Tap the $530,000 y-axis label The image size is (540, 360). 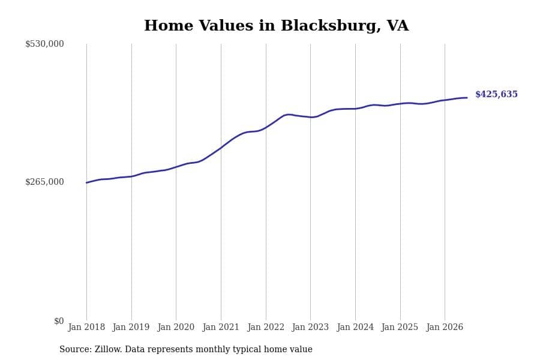point(44,44)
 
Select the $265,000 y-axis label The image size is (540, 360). point(44,182)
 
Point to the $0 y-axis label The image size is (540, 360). point(59,321)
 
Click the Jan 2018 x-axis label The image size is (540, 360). point(86,327)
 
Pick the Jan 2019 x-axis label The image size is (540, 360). point(131,327)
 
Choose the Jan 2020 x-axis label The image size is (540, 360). point(176,327)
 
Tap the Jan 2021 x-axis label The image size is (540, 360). point(221,327)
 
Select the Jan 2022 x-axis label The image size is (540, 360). point(266,327)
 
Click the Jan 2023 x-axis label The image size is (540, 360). point(310,327)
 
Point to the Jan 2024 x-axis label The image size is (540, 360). point(355,327)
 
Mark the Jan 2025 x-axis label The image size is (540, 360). point(400,327)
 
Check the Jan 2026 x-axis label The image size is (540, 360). point(445,327)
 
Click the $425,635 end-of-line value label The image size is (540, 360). point(496,94)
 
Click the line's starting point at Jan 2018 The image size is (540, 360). point(86,182)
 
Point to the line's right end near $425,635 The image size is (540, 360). point(467,98)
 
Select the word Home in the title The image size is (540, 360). point(169,26)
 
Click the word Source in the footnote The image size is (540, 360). point(76,349)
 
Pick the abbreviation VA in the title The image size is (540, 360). point(398,26)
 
